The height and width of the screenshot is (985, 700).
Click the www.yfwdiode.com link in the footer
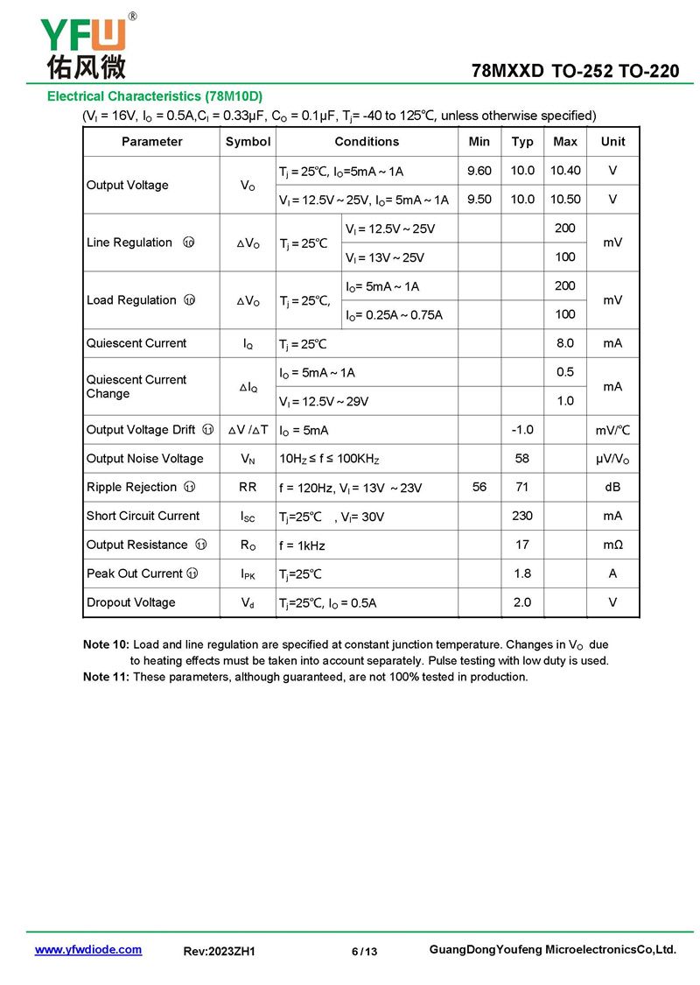pos(87,950)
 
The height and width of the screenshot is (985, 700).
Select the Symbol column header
pos(248,142)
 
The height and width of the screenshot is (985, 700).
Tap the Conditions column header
pos(367,142)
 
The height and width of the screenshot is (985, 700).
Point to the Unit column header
pos(612,142)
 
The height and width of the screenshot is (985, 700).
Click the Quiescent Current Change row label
pos(136,386)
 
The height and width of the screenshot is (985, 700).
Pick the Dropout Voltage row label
pos(130,602)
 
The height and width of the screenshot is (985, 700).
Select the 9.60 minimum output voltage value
pos(479,171)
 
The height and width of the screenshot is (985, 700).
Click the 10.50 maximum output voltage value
pos(565,200)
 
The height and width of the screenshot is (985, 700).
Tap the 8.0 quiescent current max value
pos(565,343)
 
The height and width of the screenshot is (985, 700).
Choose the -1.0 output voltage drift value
pos(522,430)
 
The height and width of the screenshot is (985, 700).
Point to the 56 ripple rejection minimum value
pos(479,487)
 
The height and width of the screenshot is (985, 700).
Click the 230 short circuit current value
pos(522,516)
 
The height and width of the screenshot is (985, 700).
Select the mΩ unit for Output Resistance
pos(612,545)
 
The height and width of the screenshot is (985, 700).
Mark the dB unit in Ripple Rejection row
pos(612,487)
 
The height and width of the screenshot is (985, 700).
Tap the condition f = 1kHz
pos(302,545)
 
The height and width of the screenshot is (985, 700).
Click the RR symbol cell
pos(248,487)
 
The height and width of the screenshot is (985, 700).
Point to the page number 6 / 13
pos(364,952)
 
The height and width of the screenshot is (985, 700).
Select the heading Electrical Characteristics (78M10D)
pos(155,95)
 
